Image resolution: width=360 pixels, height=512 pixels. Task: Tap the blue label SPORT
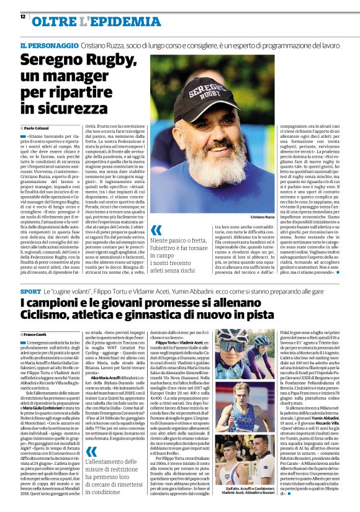click(30, 290)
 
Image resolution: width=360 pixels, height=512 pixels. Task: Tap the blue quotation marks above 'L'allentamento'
click(92, 452)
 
